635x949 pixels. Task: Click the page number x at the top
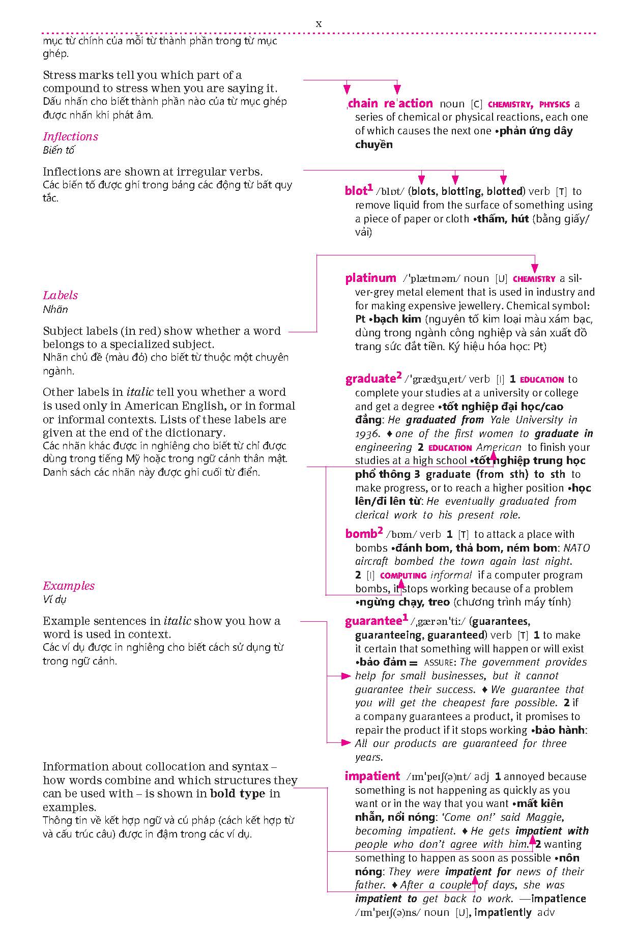[x=319, y=23]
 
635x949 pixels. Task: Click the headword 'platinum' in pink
[x=370, y=278]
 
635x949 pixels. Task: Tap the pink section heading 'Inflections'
[x=70, y=136]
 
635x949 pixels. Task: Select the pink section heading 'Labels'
[x=60, y=295]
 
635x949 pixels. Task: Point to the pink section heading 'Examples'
[x=68, y=586]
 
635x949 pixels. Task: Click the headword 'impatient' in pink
[x=372, y=776]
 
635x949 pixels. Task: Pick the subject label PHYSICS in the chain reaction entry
[x=554, y=105]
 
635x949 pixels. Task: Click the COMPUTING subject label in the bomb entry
[x=403, y=576]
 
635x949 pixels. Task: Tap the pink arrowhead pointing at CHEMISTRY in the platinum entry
[x=534, y=268]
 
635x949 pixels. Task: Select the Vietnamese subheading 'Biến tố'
[x=59, y=150]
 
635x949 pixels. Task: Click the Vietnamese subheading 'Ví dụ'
[x=54, y=599]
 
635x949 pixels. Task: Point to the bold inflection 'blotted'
[x=504, y=192]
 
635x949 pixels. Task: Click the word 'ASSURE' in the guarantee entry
[x=440, y=663]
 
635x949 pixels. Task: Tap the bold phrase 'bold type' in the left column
[x=238, y=794]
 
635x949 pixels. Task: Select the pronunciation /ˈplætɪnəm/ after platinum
[x=431, y=279]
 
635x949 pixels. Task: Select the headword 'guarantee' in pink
[x=373, y=621]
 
